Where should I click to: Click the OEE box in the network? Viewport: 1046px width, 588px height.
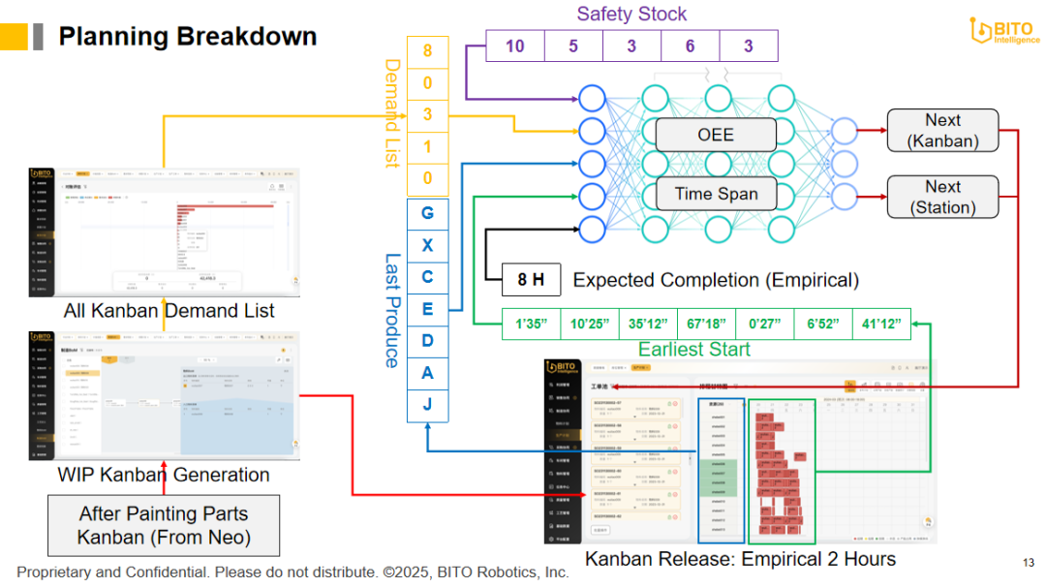click(x=716, y=136)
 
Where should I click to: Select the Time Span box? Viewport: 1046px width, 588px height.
click(x=716, y=194)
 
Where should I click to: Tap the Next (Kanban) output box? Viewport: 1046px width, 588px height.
click(x=942, y=130)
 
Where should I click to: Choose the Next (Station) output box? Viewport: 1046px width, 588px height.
click(x=942, y=197)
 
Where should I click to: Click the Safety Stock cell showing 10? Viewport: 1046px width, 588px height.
click(x=514, y=46)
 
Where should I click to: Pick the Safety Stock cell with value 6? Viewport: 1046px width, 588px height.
click(x=690, y=46)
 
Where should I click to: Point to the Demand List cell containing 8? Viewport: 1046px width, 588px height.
click(x=427, y=51)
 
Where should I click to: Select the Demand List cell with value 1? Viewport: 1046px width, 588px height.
click(x=427, y=146)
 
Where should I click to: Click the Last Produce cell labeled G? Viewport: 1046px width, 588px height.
click(x=427, y=213)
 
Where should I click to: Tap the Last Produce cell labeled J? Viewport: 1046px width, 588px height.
click(x=427, y=405)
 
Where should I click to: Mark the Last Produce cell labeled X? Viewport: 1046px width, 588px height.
click(x=427, y=245)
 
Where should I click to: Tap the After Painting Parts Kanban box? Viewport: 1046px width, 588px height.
click(x=164, y=525)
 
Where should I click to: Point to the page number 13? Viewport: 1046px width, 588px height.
click(x=1028, y=563)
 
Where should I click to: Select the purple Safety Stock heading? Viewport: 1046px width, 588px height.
click(x=631, y=14)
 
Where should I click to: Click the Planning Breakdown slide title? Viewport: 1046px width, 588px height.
click(x=187, y=37)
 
